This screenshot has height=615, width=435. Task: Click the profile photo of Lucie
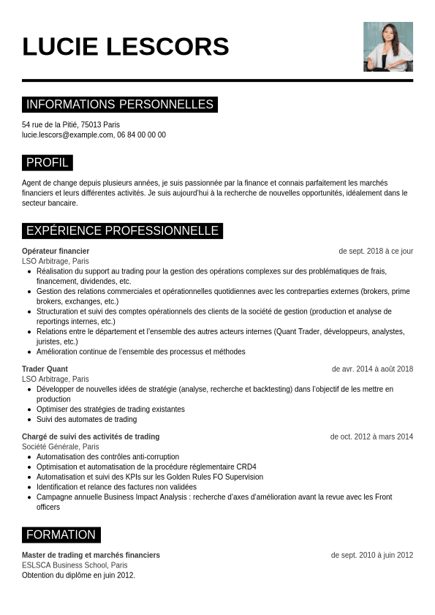coord(387,46)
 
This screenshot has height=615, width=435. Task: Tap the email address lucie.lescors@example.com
coord(67,135)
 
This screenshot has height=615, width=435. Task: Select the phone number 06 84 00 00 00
coord(141,135)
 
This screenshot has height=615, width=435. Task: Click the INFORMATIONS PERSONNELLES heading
coord(120,105)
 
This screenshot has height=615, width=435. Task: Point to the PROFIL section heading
coord(48,162)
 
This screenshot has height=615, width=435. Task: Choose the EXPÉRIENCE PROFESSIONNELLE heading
coord(122,230)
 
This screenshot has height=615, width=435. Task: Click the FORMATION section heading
coord(61,535)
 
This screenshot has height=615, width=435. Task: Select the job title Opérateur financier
coord(56,251)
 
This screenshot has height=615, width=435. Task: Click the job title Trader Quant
coord(45,369)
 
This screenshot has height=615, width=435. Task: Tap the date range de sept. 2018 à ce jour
coord(376,251)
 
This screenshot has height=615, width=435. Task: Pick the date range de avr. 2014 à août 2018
coord(372,369)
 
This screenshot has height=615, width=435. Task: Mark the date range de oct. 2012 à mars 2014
coord(371,437)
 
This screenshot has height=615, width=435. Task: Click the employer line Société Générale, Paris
coord(61,447)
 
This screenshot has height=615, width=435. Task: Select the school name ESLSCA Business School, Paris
coord(75,565)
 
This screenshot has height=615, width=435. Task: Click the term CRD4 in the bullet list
coord(246,467)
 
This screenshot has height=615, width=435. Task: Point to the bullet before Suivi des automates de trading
coord(29,420)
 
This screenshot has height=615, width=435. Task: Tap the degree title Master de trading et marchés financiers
coord(91,555)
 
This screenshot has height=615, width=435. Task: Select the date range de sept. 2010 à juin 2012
coord(372,555)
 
